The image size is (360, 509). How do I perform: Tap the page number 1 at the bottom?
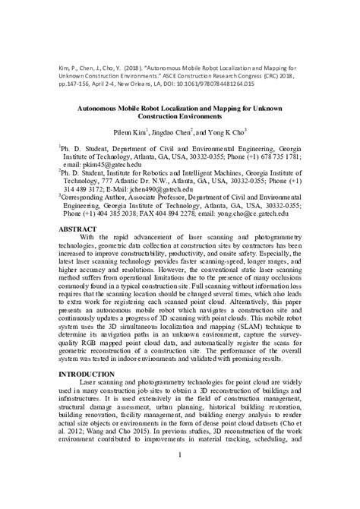179,476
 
